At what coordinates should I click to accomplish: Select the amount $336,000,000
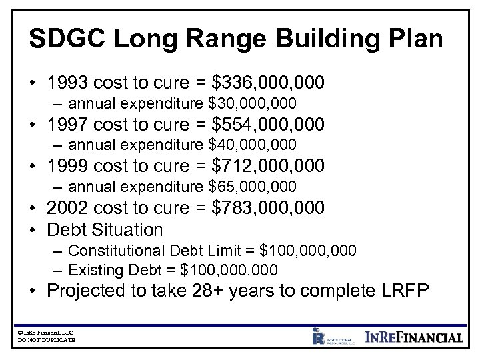(268, 83)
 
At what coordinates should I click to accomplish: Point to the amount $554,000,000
(268, 124)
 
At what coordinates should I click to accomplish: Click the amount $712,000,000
(268, 165)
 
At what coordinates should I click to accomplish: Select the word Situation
(126, 230)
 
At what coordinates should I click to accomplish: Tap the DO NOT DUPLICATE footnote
(45, 340)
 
